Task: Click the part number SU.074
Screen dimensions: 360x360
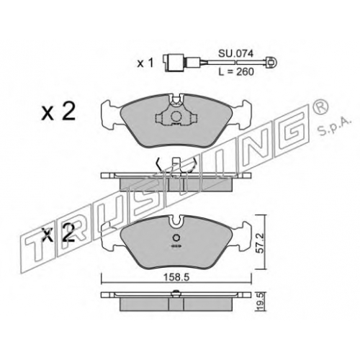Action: click(x=235, y=54)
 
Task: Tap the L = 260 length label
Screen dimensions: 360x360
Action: click(x=236, y=71)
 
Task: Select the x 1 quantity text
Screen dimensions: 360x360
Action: click(x=145, y=63)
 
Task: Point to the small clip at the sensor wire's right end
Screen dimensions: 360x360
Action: click(x=271, y=62)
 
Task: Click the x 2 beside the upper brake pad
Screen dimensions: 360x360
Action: click(x=58, y=112)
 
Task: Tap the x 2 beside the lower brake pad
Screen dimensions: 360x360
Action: click(x=58, y=233)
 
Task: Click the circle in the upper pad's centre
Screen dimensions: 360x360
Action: click(x=176, y=117)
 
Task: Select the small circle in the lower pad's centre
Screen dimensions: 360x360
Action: click(x=176, y=238)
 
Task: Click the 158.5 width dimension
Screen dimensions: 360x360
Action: click(x=176, y=277)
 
